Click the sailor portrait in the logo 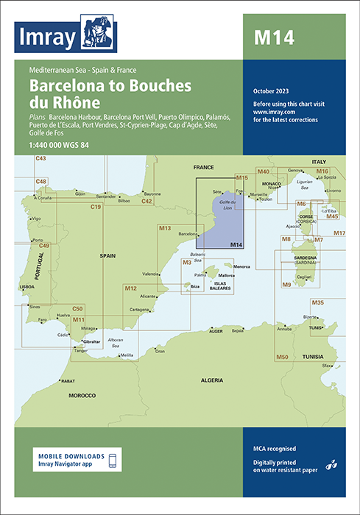click(96, 32)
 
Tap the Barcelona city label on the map click(188, 235)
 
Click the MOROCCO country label click(82, 396)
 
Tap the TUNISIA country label click(316, 356)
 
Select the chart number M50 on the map click(281, 357)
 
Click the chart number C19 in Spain click(96, 207)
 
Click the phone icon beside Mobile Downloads click(113, 461)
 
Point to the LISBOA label click(27, 285)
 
